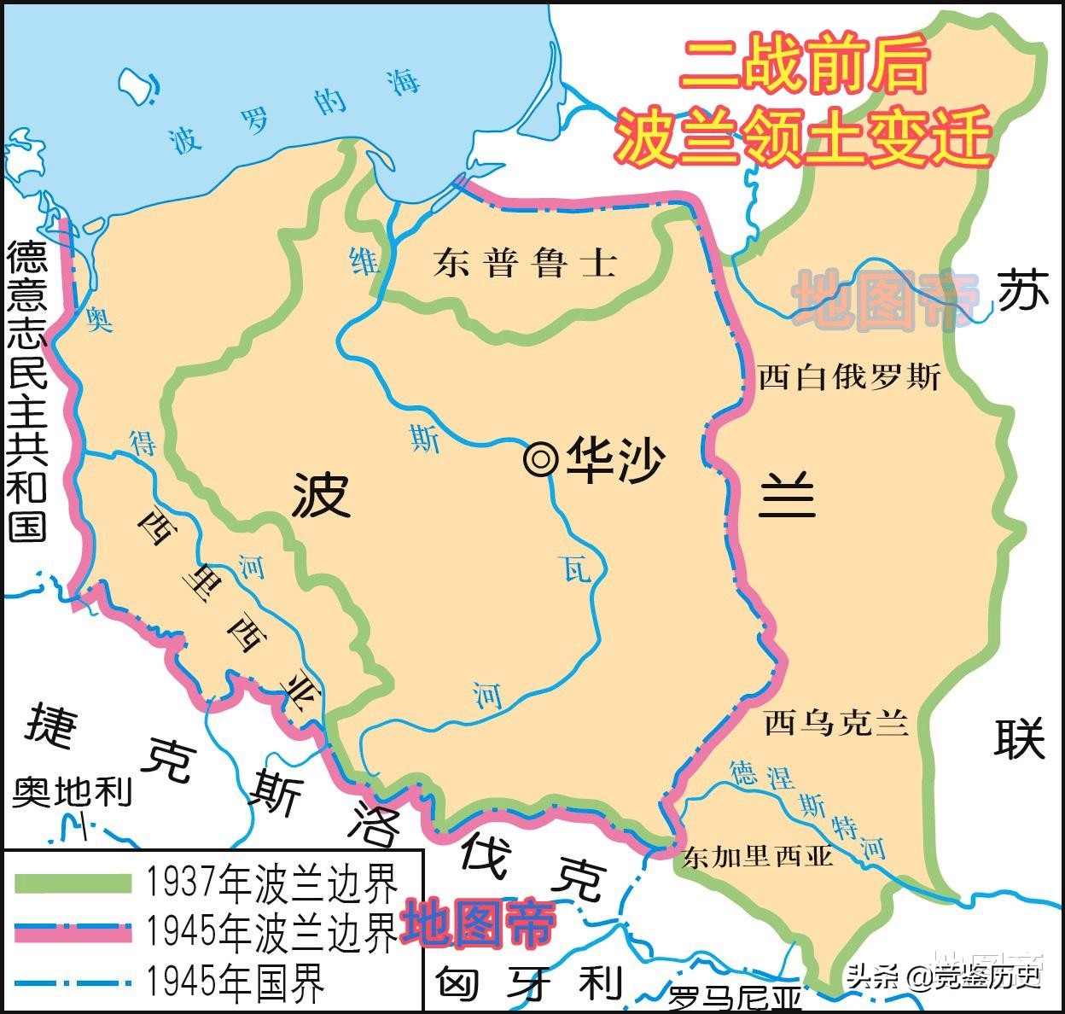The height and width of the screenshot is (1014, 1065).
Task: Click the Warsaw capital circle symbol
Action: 539,459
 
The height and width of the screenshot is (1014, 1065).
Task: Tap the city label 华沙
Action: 614,460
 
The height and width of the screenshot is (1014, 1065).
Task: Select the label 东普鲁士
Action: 524,262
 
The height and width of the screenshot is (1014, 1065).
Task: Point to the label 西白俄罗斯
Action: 849,376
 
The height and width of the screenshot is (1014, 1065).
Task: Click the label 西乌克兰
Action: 835,724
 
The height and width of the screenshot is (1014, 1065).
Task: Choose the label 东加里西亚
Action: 757,856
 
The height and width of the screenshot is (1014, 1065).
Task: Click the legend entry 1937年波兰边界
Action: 271,883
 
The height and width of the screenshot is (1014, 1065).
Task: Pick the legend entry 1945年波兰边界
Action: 271,931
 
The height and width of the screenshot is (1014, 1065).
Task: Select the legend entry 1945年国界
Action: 236,982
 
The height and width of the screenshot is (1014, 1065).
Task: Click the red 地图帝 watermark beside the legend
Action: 478,924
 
